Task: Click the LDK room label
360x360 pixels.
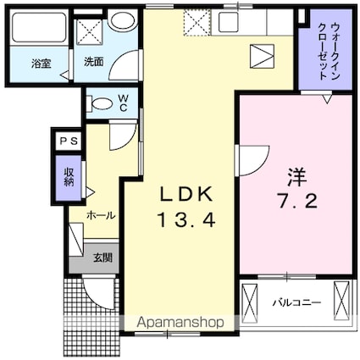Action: click(186, 194)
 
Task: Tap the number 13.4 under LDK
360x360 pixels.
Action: click(186, 220)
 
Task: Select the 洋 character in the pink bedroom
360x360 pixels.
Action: click(297, 177)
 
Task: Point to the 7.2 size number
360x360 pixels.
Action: click(297, 201)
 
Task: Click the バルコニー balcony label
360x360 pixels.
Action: click(296, 303)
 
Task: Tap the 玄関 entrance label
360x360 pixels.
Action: click(103, 258)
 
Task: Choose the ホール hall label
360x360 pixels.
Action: click(101, 216)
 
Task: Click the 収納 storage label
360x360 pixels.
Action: click(69, 177)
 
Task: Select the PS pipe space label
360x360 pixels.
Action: click(69, 141)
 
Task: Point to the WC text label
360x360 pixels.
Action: click(123, 103)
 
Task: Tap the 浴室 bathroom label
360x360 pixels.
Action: click(42, 64)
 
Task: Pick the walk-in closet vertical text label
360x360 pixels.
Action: click(329, 52)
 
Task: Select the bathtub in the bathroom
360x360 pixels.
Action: click(39, 27)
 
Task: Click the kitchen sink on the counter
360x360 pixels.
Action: click(229, 22)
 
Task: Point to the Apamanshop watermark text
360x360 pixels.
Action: click(180, 322)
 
